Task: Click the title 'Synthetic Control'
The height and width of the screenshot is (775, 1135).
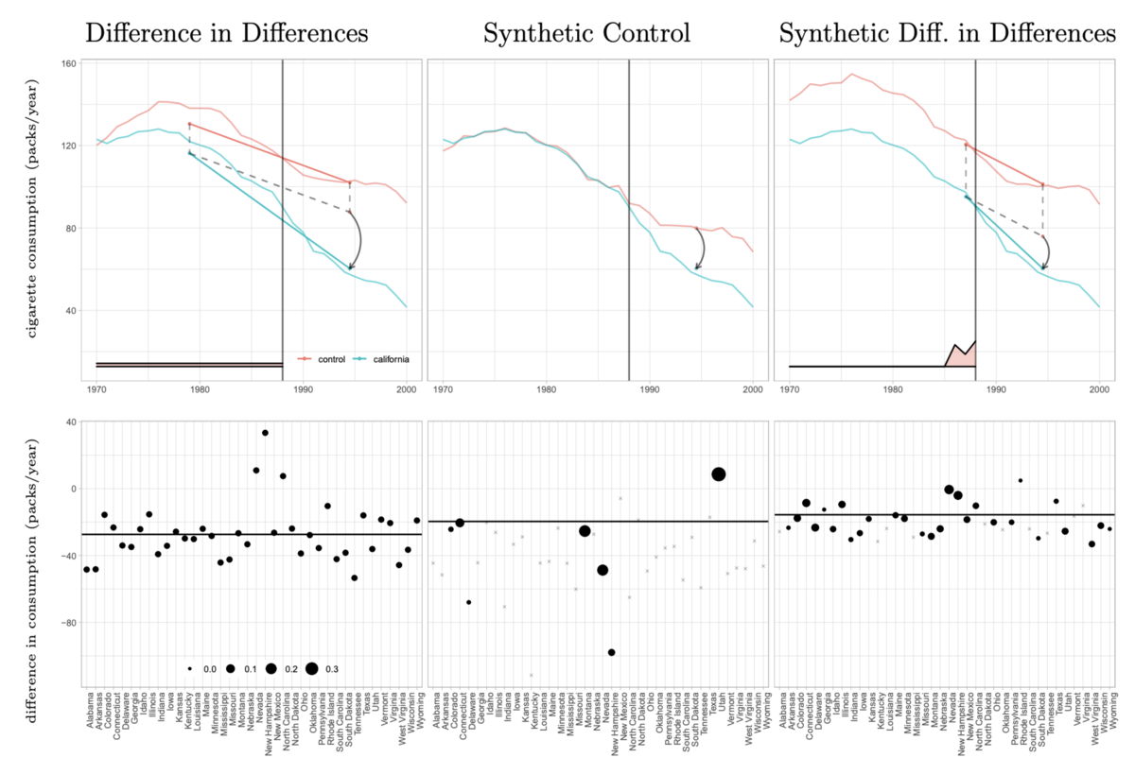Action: click(586, 34)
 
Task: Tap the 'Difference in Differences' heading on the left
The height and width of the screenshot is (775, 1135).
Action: click(227, 34)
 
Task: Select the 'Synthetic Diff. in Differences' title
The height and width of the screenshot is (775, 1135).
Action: click(948, 34)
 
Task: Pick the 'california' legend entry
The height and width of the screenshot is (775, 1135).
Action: click(388, 359)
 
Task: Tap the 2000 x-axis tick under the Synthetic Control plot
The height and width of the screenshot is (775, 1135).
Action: click(753, 389)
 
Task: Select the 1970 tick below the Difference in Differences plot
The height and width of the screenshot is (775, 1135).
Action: click(96, 389)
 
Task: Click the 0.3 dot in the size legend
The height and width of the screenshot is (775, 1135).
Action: click(311, 668)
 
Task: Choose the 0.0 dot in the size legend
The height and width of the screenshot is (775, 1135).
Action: click(190, 668)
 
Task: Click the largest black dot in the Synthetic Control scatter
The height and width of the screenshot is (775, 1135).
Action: click(719, 474)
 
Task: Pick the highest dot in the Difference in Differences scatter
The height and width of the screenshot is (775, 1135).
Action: click(265, 433)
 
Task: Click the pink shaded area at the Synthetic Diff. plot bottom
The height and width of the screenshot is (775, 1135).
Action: click(963, 356)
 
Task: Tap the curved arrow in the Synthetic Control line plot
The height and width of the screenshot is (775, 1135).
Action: click(701, 250)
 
